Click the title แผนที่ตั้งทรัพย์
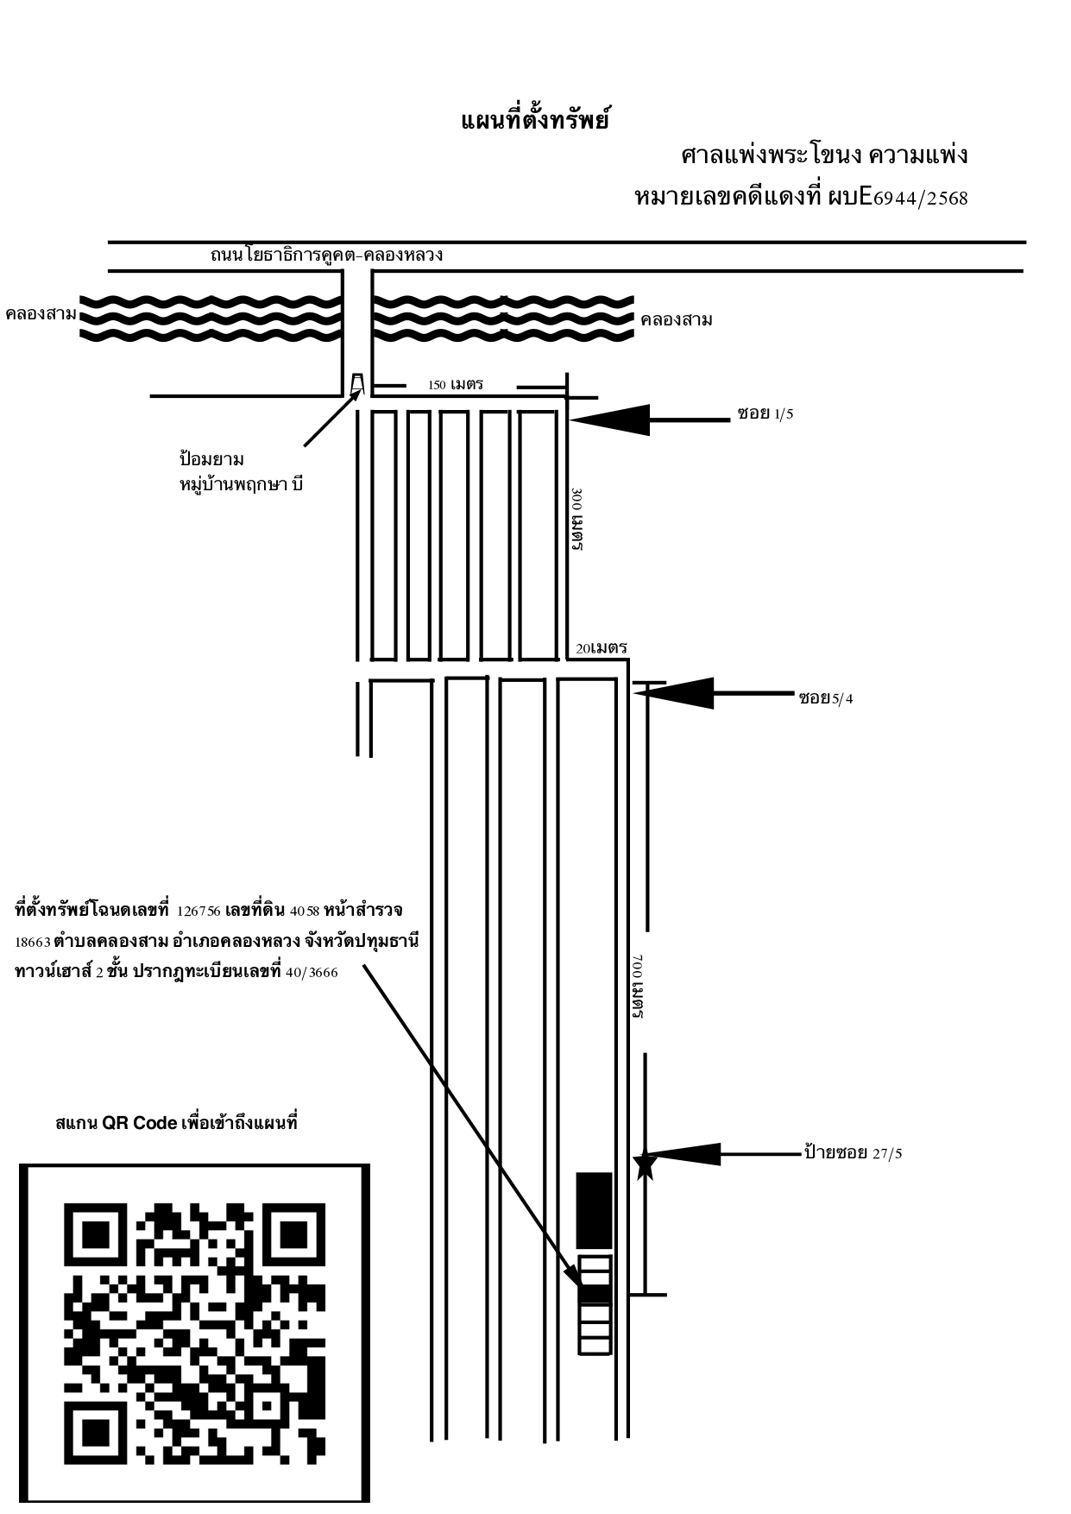pos(535,120)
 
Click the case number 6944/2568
pos(920,199)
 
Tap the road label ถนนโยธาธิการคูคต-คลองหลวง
pos(326,255)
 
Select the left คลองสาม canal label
pos(41,313)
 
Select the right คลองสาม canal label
pos(677,320)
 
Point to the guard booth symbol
pos(357,382)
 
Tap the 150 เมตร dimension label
pos(456,384)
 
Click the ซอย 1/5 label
pos(765,413)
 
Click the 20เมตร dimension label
pos(602,647)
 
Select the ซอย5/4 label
pos(826,697)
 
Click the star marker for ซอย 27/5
pos(645,1165)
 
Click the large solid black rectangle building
pos(594,1210)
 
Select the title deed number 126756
pos(198,912)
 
